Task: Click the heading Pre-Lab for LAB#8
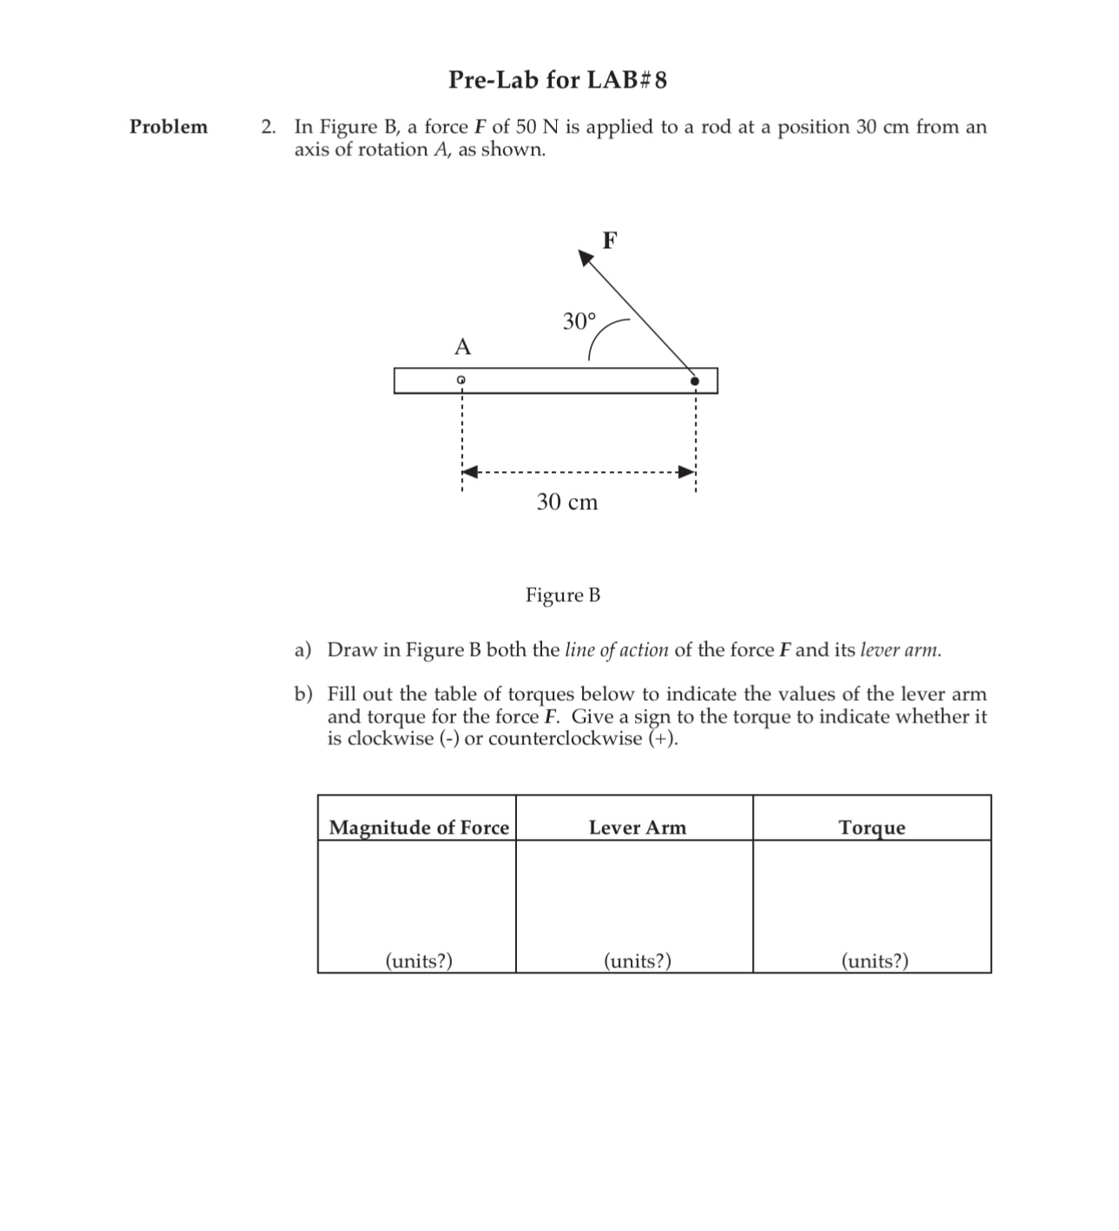point(558,81)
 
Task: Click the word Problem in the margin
point(168,127)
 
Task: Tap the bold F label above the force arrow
point(609,240)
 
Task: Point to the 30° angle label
point(579,322)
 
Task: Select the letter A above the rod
point(462,348)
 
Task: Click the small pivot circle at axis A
point(461,380)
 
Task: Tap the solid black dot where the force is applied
point(694,380)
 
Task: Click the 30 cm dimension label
point(567,502)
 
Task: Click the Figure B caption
point(563,595)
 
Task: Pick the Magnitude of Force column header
point(419,828)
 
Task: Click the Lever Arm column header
point(637,828)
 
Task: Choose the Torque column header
point(872,828)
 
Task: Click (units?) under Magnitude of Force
point(419,960)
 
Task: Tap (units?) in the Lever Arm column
point(638,960)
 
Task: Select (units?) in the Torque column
point(875,960)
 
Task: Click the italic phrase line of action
point(617,650)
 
